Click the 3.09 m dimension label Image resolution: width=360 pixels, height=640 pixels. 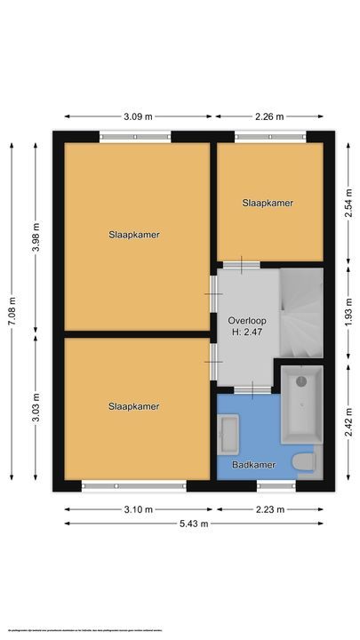pyautogui.click(x=138, y=116)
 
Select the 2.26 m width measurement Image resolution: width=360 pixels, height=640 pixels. pyautogui.click(x=274, y=116)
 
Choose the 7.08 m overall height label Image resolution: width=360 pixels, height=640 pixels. pyautogui.click(x=12, y=312)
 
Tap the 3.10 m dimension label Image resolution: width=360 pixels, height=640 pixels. pyautogui.click(x=138, y=509)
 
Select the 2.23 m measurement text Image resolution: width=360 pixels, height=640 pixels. pyautogui.click(x=274, y=509)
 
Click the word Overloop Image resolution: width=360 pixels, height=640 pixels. pyautogui.click(x=245, y=320)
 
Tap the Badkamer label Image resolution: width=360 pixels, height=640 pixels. pyautogui.click(x=252, y=464)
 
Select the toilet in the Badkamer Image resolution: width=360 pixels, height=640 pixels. pyautogui.click(x=304, y=462)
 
